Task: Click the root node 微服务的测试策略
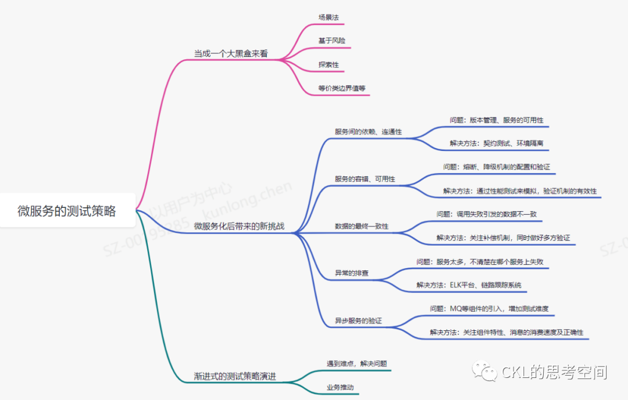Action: (x=67, y=211)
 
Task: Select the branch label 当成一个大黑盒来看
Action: (x=231, y=53)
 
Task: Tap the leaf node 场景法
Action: (x=329, y=17)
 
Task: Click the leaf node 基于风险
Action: (x=331, y=41)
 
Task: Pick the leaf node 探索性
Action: (x=329, y=64)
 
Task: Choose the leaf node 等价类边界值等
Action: (x=342, y=88)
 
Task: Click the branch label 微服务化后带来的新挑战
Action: (x=239, y=226)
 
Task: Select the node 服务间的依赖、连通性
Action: (x=368, y=132)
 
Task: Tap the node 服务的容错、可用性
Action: (x=365, y=179)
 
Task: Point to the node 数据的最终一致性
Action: (x=362, y=226)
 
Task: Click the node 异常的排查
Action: (x=352, y=273)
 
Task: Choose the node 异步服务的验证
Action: (x=358, y=320)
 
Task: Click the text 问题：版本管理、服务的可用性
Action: (x=496, y=120)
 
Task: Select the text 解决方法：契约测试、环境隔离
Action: (x=496, y=143)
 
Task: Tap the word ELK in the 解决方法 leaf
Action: (x=456, y=285)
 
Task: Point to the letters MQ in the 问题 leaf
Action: (x=456, y=308)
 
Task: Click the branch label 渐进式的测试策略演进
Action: (x=235, y=376)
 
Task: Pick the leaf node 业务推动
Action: (x=340, y=387)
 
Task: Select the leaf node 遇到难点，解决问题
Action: (x=357, y=363)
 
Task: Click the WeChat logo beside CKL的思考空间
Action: (x=484, y=371)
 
